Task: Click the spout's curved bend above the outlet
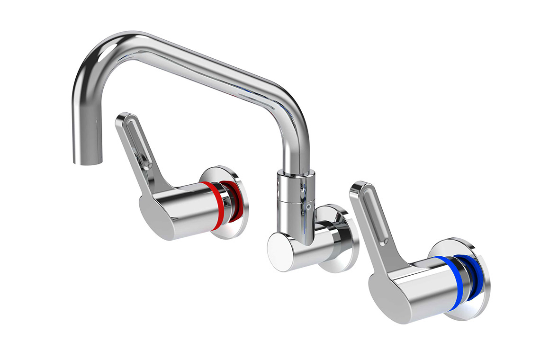tap(95, 57)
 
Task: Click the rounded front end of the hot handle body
tap(152, 213)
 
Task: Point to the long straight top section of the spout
tap(199, 62)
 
